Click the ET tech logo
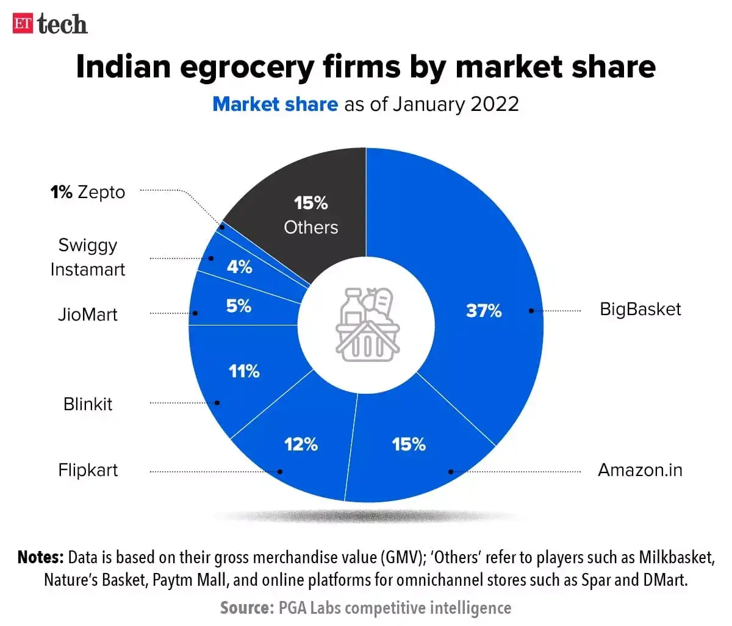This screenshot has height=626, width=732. coord(50,24)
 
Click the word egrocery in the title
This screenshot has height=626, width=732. coord(246,68)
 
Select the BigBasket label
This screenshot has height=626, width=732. coord(640,309)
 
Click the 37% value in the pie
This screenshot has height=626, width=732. coord(484,311)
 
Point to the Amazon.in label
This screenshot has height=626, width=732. coord(640,470)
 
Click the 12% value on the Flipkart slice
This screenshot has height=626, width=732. coord(301,444)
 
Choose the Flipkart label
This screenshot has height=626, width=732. coord(88,470)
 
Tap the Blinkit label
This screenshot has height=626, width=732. coord(88,404)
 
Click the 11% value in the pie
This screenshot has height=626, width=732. coord(244,371)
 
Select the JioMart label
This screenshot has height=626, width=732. coord(88,315)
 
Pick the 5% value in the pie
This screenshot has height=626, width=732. coord(239,306)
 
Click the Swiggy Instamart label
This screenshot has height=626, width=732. coord(88,257)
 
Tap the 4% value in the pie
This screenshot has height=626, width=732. coord(239,267)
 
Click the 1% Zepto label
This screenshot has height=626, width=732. coord(88,192)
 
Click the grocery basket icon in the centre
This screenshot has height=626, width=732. coord(367,324)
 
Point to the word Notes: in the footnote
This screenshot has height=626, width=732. coord(40,557)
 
